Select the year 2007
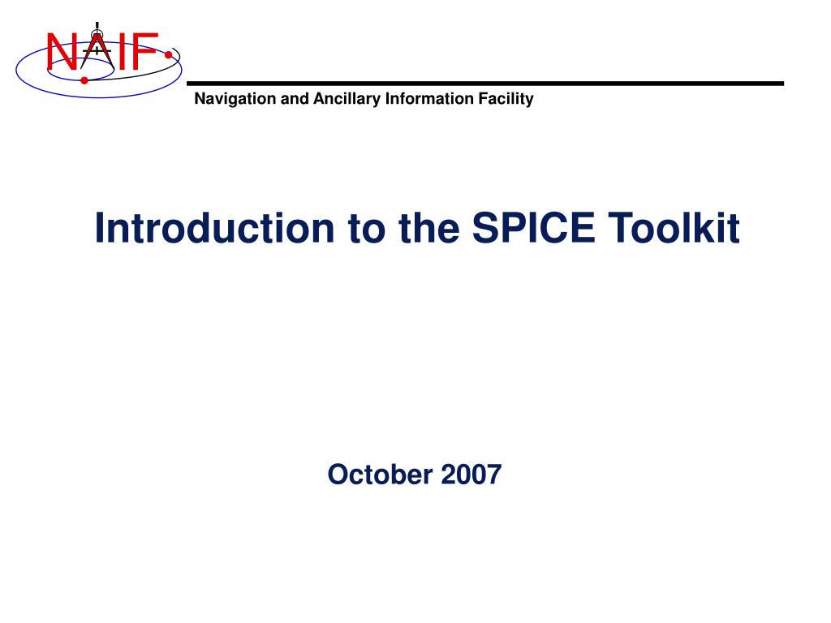click(x=471, y=474)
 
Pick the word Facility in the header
click(x=506, y=100)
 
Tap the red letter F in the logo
click(x=143, y=52)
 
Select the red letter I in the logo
click(x=121, y=52)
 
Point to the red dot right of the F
click(x=168, y=56)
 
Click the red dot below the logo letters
click(x=84, y=80)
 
